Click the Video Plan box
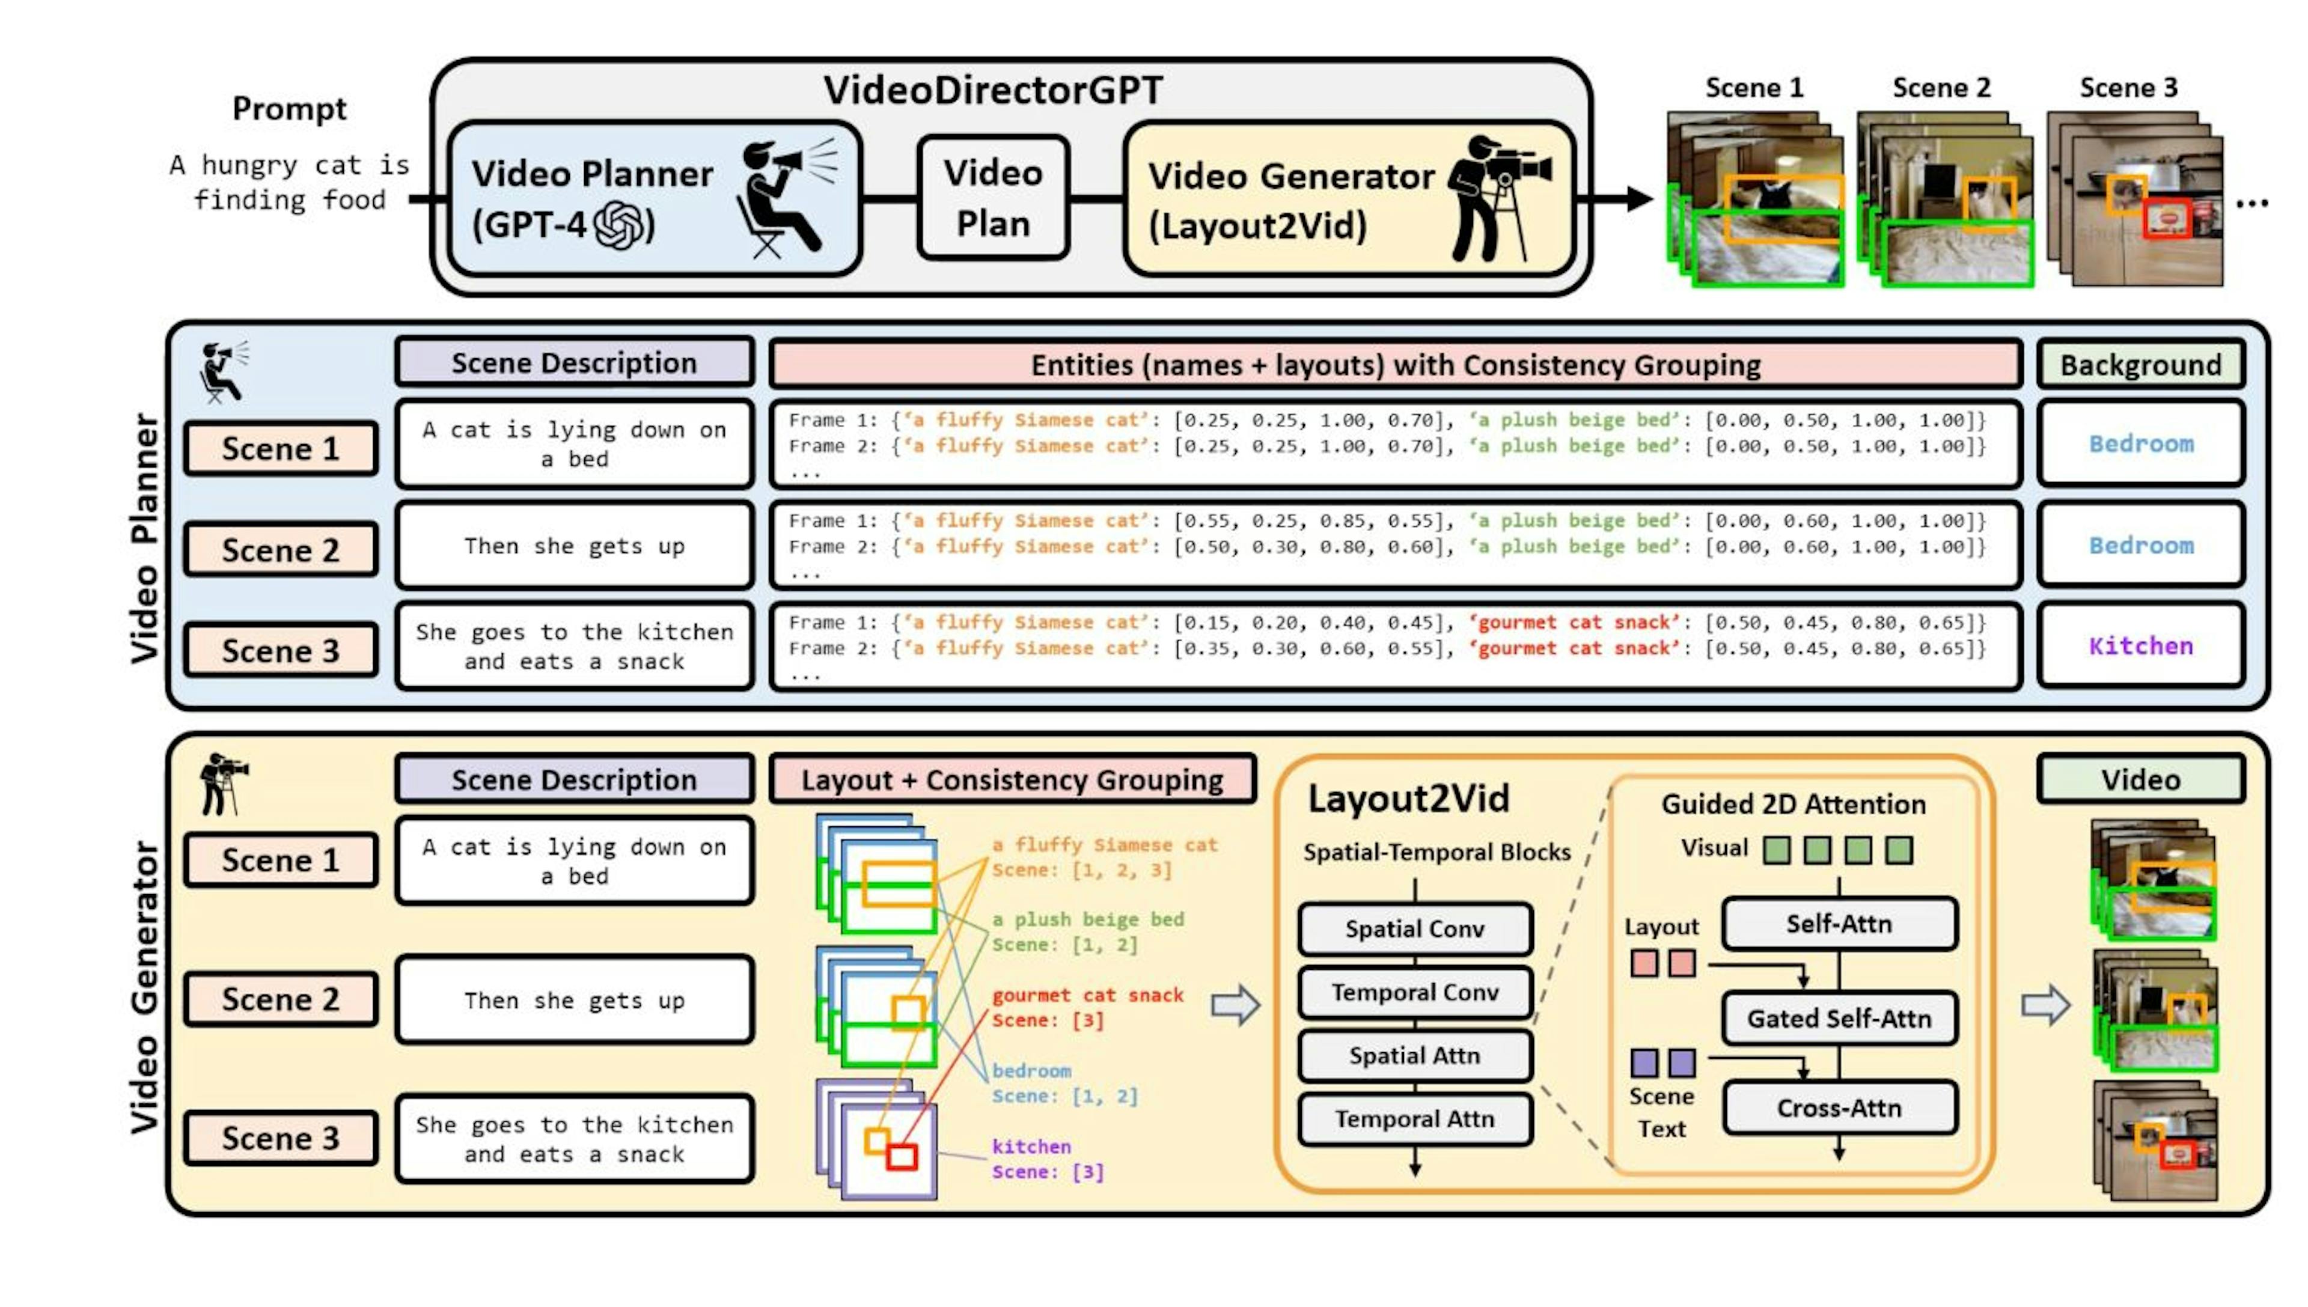(x=993, y=198)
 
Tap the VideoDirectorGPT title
(x=993, y=90)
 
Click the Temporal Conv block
(x=1415, y=992)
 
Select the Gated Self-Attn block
(x=1839, y=1018)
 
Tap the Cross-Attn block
(x=1839, y=1107)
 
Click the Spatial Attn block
(x=1415, y=1056)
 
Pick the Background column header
(x=2140, y=364)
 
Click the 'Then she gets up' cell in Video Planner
(x=575, y=546)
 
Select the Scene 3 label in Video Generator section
(x=280, y=1138)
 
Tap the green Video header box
(x=2140, y=779)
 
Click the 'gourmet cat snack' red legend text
(x=1087, y=995)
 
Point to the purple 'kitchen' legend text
(x=1031, y=1147)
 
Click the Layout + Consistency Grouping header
(x=1012, y=779)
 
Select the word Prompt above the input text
(x=289, y=109)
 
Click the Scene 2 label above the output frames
(x=1941, y=88)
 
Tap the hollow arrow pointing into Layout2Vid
(x=1235, y=1005)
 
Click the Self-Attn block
(x=1839, y=924)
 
